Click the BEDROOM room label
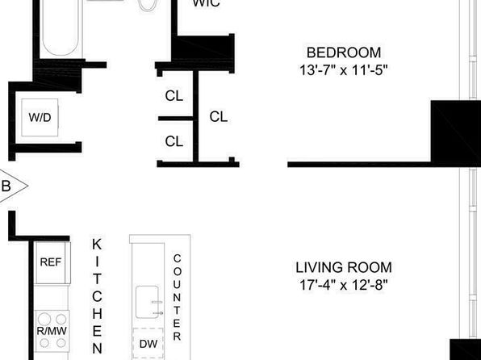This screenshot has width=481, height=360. tap(344, 52)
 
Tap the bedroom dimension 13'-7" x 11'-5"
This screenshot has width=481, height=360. tap(344, 70)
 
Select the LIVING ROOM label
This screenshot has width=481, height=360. tap(344, 267)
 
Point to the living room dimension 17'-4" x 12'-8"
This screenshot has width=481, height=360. tap(344, 285)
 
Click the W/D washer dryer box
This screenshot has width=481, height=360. tap(40, 117)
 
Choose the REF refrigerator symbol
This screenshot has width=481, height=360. tap(52, 262)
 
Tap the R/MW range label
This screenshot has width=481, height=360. tap(52, 331)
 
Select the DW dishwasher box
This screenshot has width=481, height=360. tap(148, 343)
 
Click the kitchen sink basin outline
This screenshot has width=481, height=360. tap(147, 302)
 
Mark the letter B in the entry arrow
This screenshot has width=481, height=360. tap(6, 186)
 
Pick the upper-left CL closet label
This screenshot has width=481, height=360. tap(174, 96)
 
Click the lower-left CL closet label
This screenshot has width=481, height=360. tap(174, 141)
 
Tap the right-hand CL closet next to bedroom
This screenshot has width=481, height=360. tap(219, 116)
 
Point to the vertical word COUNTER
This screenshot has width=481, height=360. tap(177, 297)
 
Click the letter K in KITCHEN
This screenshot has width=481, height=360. tap(97, 245)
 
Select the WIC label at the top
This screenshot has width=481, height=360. tap(206, 3)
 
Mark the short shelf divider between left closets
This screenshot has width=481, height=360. tap(175, 119)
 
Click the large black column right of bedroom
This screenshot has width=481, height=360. tap(456, 132)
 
